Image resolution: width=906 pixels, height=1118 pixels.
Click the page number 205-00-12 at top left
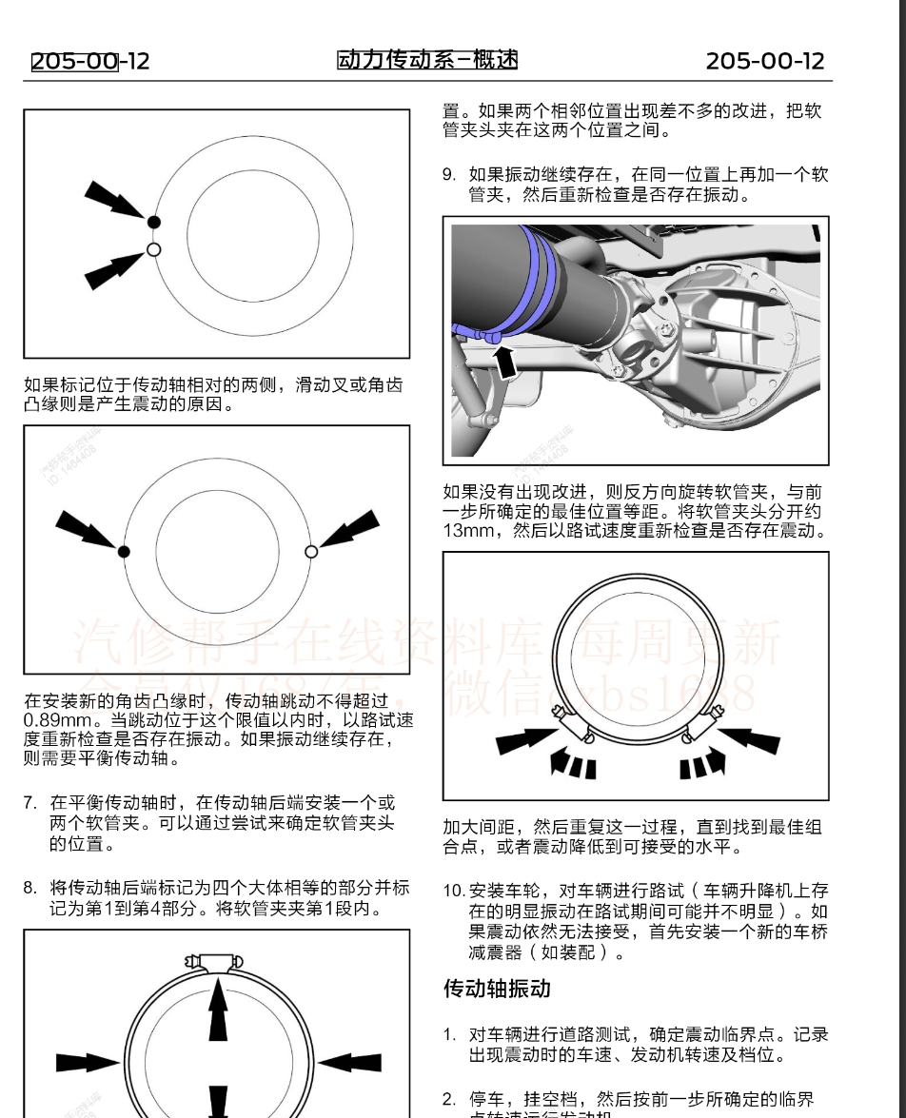90,62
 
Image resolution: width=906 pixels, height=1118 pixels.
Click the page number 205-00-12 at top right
764,62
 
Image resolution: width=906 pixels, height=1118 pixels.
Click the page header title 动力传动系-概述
427,61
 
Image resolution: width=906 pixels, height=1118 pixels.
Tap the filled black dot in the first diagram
154,222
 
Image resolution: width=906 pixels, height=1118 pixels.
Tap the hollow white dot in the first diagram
154,250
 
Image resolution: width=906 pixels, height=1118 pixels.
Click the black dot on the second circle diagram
124,552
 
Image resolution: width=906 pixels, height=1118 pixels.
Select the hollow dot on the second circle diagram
311,552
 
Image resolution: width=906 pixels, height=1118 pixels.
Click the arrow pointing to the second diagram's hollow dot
349,529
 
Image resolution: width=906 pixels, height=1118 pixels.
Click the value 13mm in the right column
467,531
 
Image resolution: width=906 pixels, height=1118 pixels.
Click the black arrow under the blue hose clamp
507,361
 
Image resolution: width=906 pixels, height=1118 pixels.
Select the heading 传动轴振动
497,989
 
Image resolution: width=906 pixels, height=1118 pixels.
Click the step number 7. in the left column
30,802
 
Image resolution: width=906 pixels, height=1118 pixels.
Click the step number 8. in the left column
30,888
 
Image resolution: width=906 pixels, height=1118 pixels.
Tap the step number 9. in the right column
449,175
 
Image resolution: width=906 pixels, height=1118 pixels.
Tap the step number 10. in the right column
453,891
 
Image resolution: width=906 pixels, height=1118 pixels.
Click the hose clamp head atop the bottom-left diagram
219,961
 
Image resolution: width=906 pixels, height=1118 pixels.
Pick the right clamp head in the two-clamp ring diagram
699,725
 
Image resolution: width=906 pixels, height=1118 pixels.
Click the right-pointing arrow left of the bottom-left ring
88,1062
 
